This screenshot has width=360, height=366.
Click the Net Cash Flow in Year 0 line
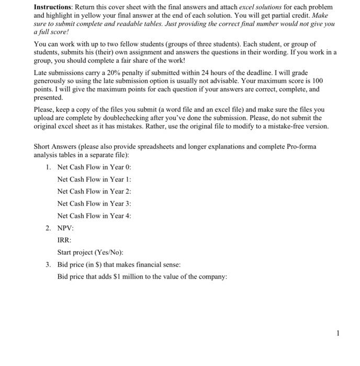pos(94,167)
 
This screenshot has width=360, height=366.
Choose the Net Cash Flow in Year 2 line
pos(94,191)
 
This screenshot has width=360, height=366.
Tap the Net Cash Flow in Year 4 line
pos(94,215)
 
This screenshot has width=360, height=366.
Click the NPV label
pos(65,228)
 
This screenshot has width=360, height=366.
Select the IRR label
pos(64,240)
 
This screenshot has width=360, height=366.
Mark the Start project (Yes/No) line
pos(89,252)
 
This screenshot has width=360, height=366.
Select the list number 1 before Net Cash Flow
pos(48,167)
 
